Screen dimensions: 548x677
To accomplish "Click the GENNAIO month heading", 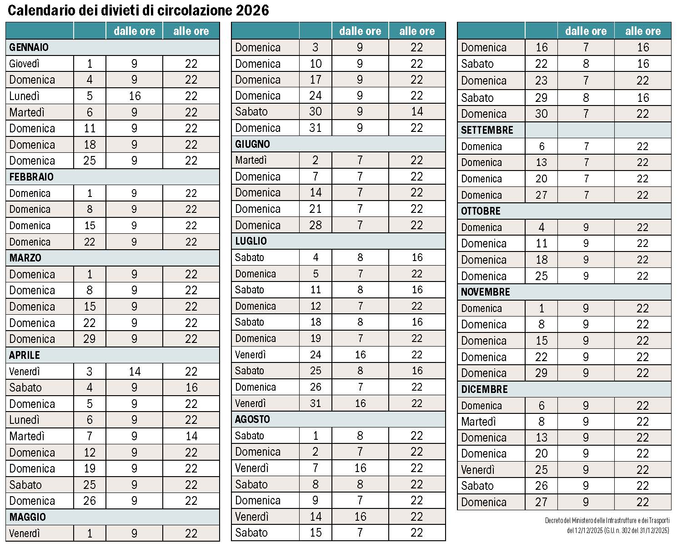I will click(29, 47).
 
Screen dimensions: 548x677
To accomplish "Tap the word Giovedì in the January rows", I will click(25, 64).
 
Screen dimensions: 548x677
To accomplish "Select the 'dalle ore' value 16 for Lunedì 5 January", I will click(135, 96).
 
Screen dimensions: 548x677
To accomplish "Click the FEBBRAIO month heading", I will click(31, 177).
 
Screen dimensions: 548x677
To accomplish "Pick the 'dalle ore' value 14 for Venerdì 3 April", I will click(135, 372).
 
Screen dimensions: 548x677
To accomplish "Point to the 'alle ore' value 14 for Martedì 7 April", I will click(191, 436).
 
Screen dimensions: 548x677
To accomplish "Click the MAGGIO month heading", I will click(28, 517).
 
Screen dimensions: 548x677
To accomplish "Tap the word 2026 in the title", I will click(252, 10).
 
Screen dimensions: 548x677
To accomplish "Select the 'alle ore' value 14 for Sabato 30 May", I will click(417, 112).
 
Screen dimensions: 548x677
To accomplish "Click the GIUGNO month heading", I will click(252, 144).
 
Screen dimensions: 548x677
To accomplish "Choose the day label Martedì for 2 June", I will click(251, 161).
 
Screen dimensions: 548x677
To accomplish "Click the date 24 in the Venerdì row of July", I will click(316, 355).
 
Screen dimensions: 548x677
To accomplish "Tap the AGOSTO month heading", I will click(252, 419).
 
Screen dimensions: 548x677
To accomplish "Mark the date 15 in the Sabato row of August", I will click(316, 533).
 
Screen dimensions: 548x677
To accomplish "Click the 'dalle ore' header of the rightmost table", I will click(586, 31).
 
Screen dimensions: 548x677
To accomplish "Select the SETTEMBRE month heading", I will click(487, 130).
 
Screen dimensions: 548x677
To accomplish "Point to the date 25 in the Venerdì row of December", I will click(542, 470).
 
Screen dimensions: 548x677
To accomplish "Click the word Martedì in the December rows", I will click(478, 422).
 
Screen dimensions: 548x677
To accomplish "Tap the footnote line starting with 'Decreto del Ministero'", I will click(607, 520).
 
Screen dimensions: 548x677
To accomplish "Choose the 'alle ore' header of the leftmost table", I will click(191, 31).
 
